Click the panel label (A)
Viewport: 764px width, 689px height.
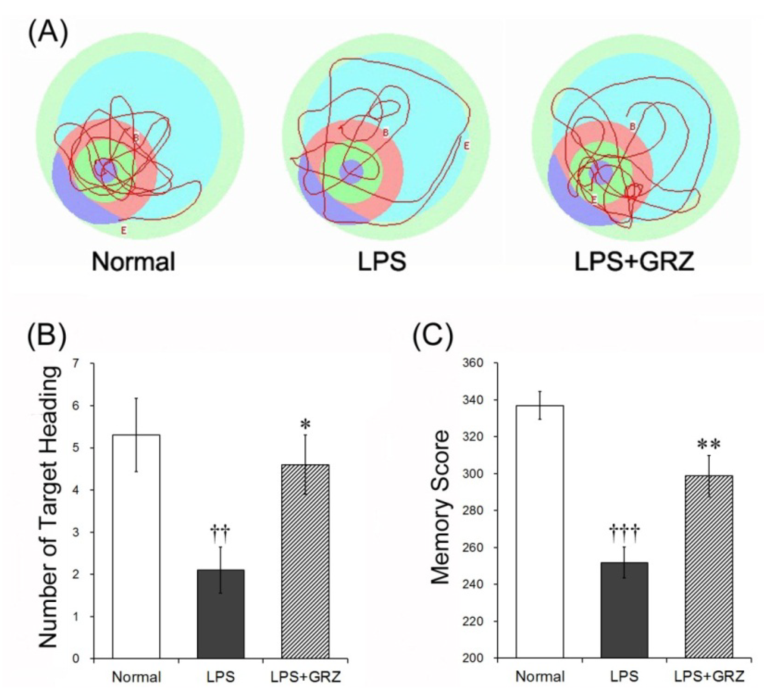point(48,33)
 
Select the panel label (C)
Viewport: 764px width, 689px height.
point(433,336)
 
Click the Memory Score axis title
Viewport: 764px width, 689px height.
point(441,507)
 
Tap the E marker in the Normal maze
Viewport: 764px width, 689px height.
point(124,229)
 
